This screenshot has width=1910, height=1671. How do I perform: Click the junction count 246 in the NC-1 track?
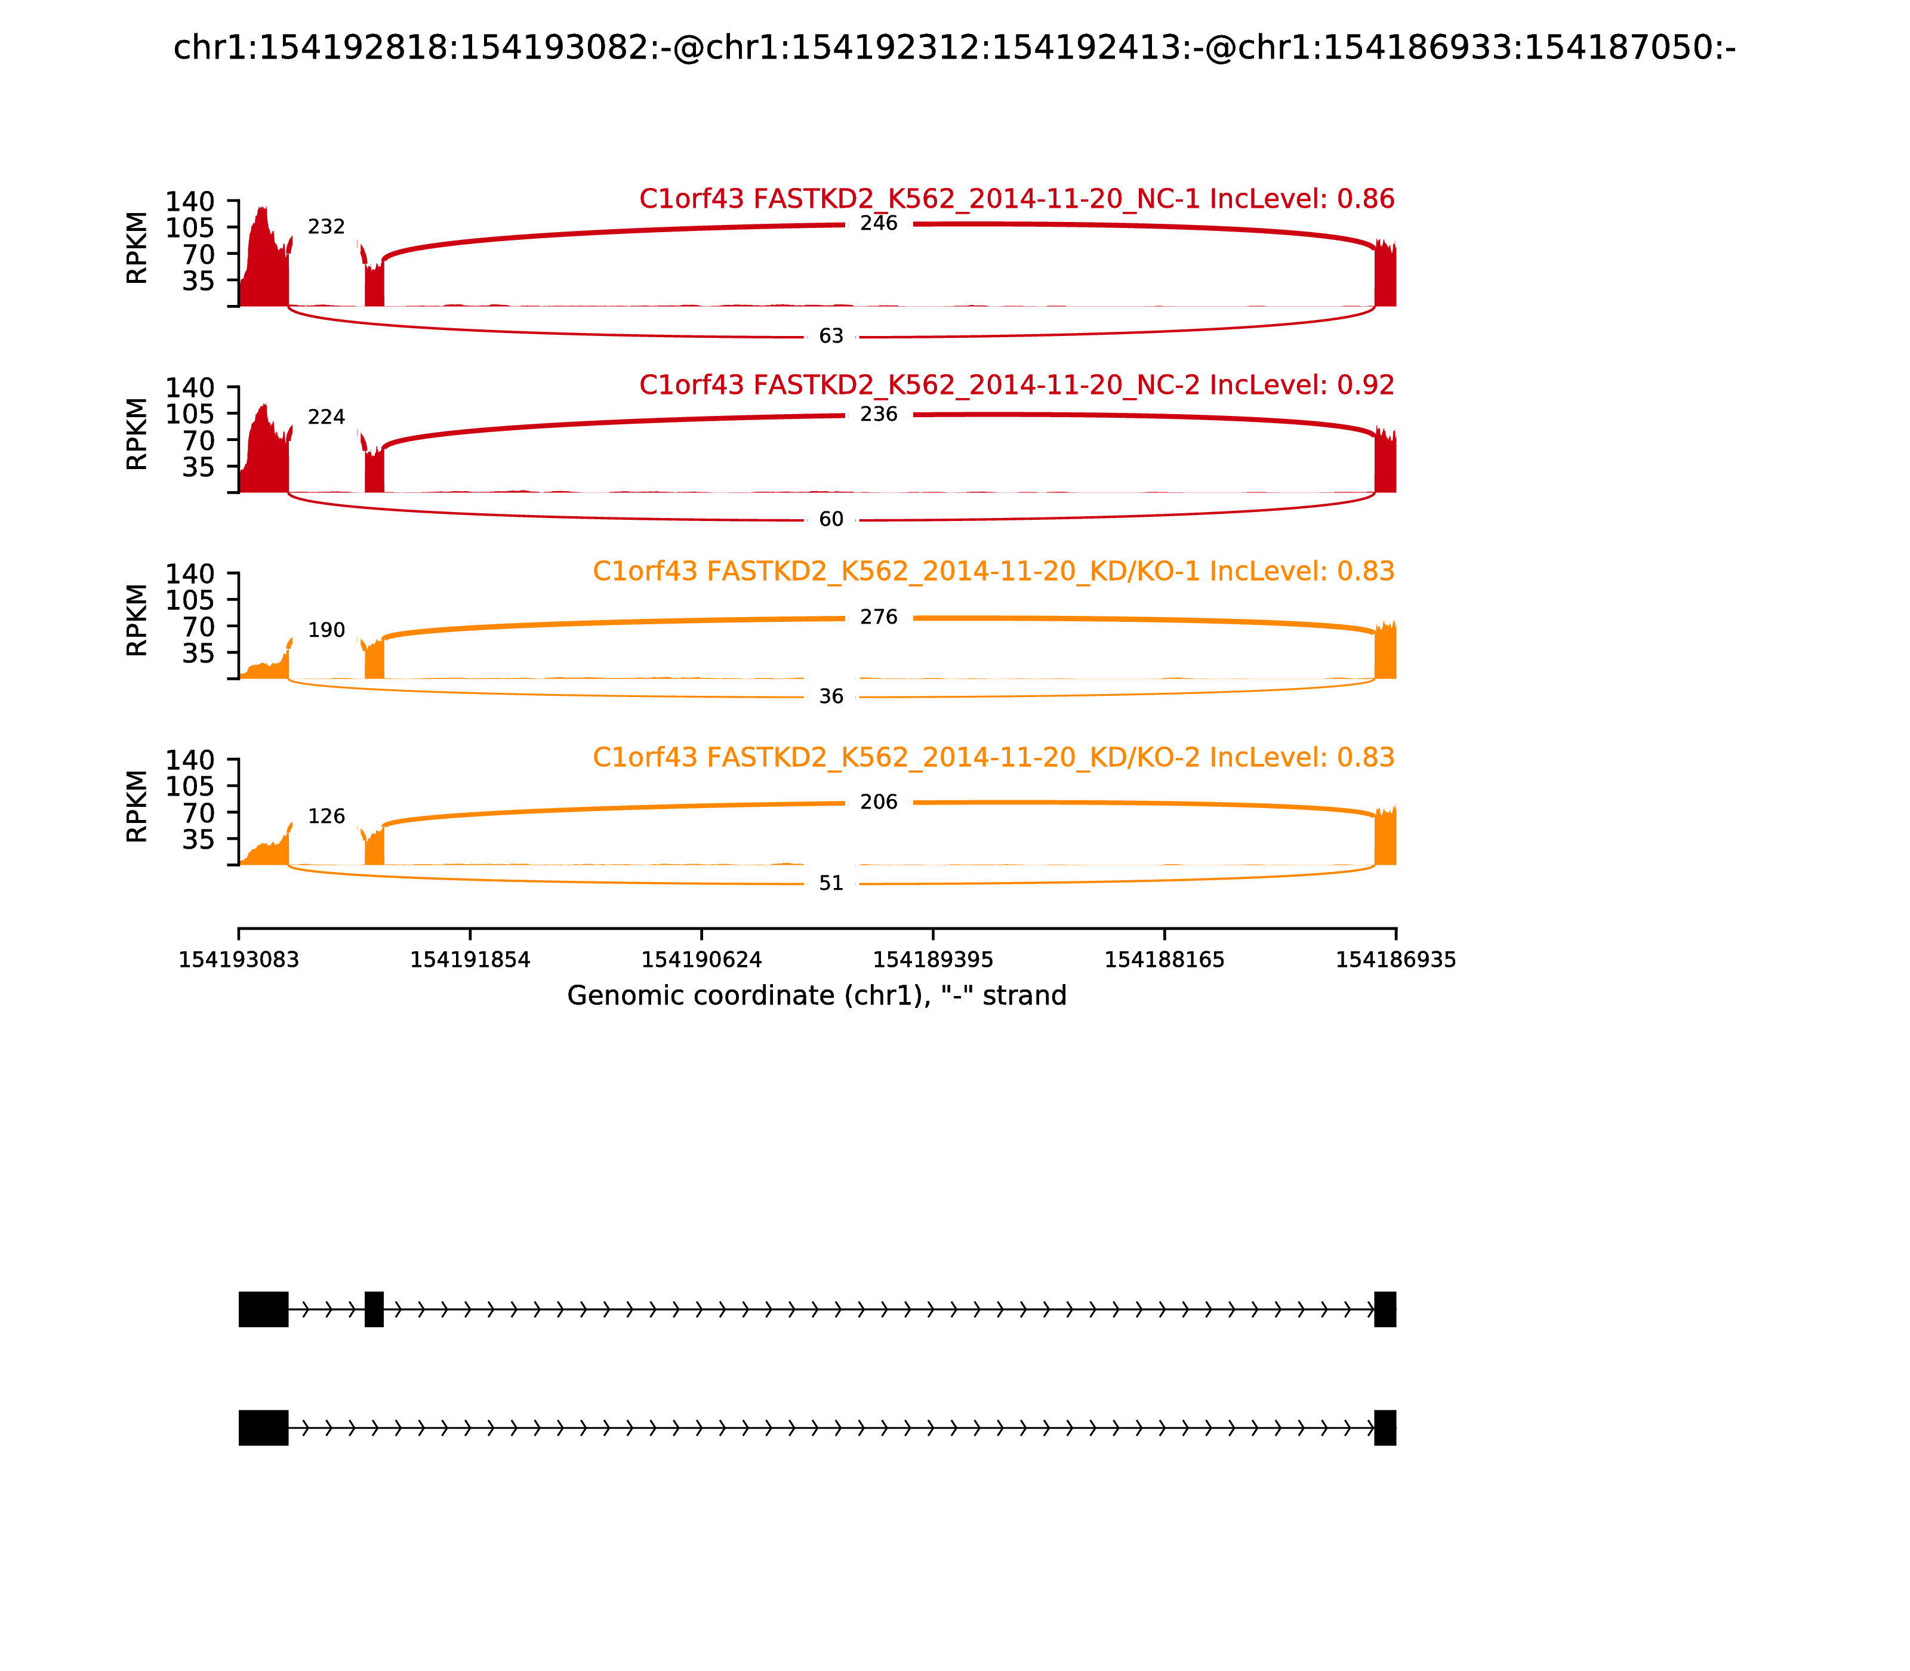pyautogui.click(x=879, y=224)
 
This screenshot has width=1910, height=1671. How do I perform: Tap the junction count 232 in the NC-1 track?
pyautogui.click(x=326, y=227)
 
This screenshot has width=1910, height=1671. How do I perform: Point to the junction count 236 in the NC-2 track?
pyautogui.click(x=879, y=414)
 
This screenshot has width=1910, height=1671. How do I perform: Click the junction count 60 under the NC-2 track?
pyautogui.click(x=831, y=519)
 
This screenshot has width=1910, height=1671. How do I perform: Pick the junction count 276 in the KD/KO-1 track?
pyautogui.click(x=879, y=617)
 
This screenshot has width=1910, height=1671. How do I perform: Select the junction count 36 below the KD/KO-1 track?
pyautogui.click(x=831, y=696)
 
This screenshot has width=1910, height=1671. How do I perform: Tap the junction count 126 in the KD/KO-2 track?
pyautogui.click(x=326, y=817)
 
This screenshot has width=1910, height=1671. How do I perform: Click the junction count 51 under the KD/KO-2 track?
pyautogui.click(x=831, y=883)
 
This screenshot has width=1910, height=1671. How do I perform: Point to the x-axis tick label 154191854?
pyautogui.click(x=470, y=960)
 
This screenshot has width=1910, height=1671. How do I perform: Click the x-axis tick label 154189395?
pyautogui.click(x=932, y=960)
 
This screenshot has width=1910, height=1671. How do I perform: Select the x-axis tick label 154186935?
pyautogui.click(x=1396, y=960)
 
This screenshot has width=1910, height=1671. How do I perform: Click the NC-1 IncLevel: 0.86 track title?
pyautogui.click(x=1016, y=199)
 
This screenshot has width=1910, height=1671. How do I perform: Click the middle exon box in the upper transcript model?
pyautogui.click(x=374, y=1309)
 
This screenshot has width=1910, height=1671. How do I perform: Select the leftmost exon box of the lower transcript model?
pyautogui.click(x=264, y=1428)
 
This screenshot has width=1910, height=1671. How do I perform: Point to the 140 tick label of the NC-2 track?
pyautogui.click(x=190, y=388)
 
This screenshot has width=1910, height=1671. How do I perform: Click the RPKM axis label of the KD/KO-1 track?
pyautogui.click(x=137, y=620)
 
